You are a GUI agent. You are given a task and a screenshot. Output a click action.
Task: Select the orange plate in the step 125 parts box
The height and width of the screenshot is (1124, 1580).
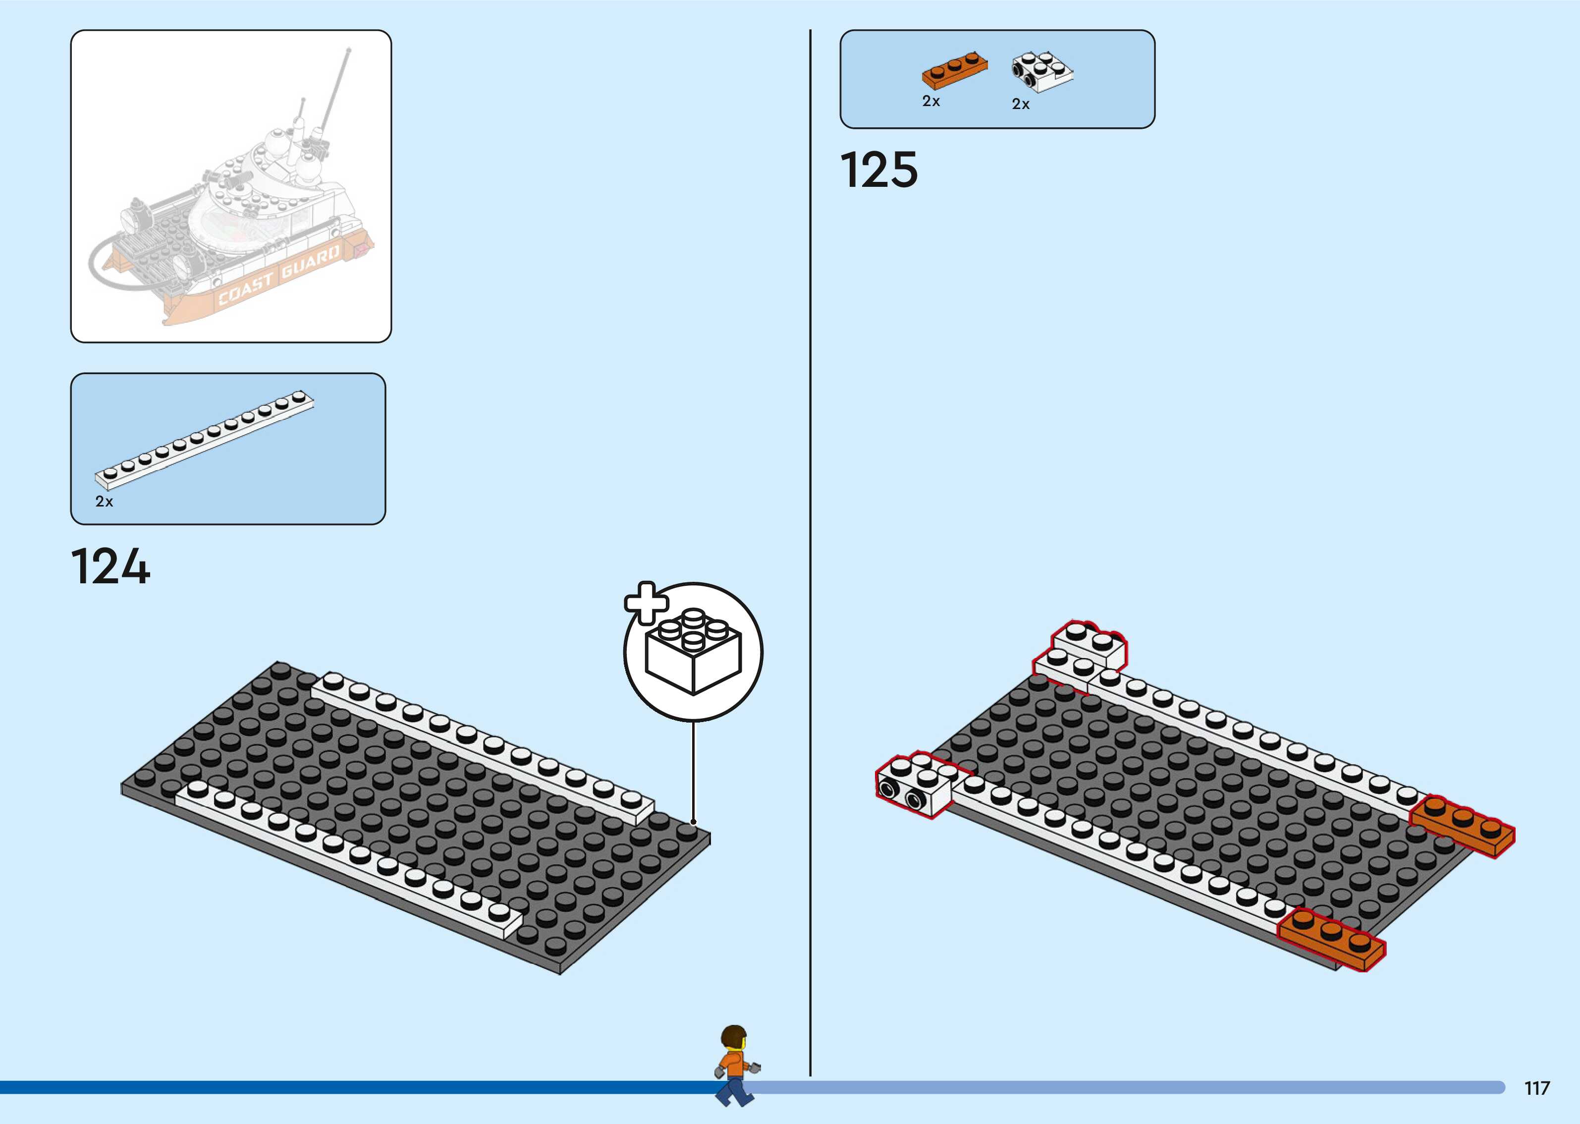(x=955, y=70)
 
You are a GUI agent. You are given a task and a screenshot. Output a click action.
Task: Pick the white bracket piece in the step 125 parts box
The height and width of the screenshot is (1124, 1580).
(x=1042, y=72)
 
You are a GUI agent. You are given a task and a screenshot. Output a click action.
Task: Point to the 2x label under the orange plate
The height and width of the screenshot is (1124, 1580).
(x=931, y=102)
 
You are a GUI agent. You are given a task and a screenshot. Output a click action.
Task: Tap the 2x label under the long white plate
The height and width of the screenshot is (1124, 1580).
(x=104, y=502)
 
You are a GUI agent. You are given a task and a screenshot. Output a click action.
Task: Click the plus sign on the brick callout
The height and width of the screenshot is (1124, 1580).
(x=646, y=603)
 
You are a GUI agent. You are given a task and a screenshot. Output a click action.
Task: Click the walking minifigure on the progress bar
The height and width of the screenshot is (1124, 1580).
(x=735, y=1066)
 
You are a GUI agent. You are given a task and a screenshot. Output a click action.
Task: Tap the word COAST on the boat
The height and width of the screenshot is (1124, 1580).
(x=246, y=290)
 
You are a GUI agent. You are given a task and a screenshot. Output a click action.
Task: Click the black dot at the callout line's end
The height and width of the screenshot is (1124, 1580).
(x=693, y=822)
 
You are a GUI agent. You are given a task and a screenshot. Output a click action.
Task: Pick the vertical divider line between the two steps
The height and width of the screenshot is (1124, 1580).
(x=810, y=554)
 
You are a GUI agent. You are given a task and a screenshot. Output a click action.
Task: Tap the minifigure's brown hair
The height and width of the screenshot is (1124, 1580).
(x=733, y=1036)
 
